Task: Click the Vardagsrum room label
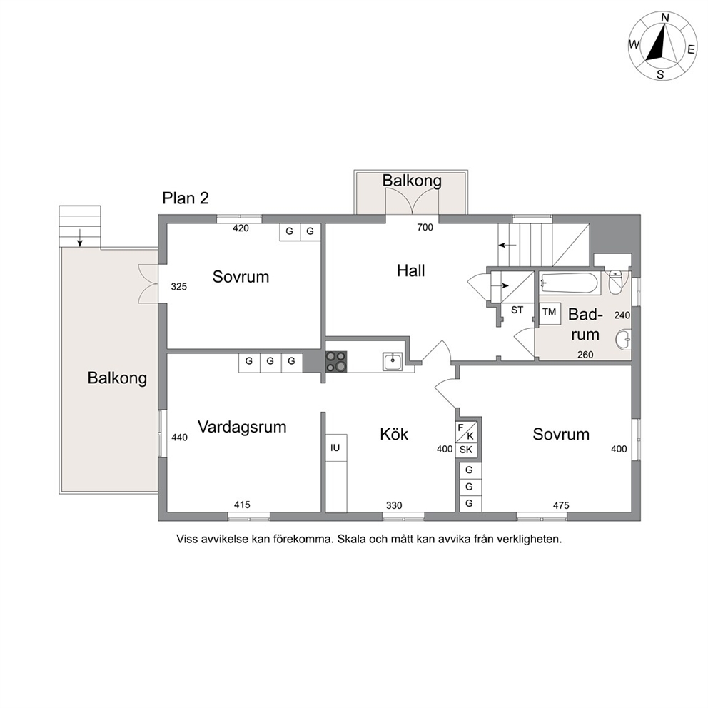pyautogui.click(x=242, y=428)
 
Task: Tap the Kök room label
pyautogui.click(x=394, y=435)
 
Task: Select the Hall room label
pyautogui.click(x=411, y=271)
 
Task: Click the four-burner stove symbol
pyautogui.click(x=336, y=362)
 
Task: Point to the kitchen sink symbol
pyautogui.click(x=393, y=361)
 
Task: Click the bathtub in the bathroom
pyautogui.click(x=570, y=283)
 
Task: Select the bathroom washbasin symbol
pyautogui.click(x=623, y=340)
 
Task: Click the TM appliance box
pyautogui.click(x=550, y=313)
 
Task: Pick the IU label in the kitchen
pyautogui.click(x=335, y=447)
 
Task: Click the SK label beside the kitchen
pyautogui.click(x=466, y=450)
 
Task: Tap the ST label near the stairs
pyautogui.click(x=517, y=310)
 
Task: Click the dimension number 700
pyautogui.click(x=425, y=228)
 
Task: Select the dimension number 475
pyautogui.click(x=561, y=506)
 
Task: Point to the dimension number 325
pyautogui.click(x=179, y=287)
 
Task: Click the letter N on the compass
pyautogui.click(x=665, y=18)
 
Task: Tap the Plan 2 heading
pyautogui.click(x=186, y=198)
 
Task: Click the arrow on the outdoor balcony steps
pyautogui.click(x=80, y=238)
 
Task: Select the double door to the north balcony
pyautogui.click(x=412, y=201)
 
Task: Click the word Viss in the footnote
pyautogui.click(x=186, y=539)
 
